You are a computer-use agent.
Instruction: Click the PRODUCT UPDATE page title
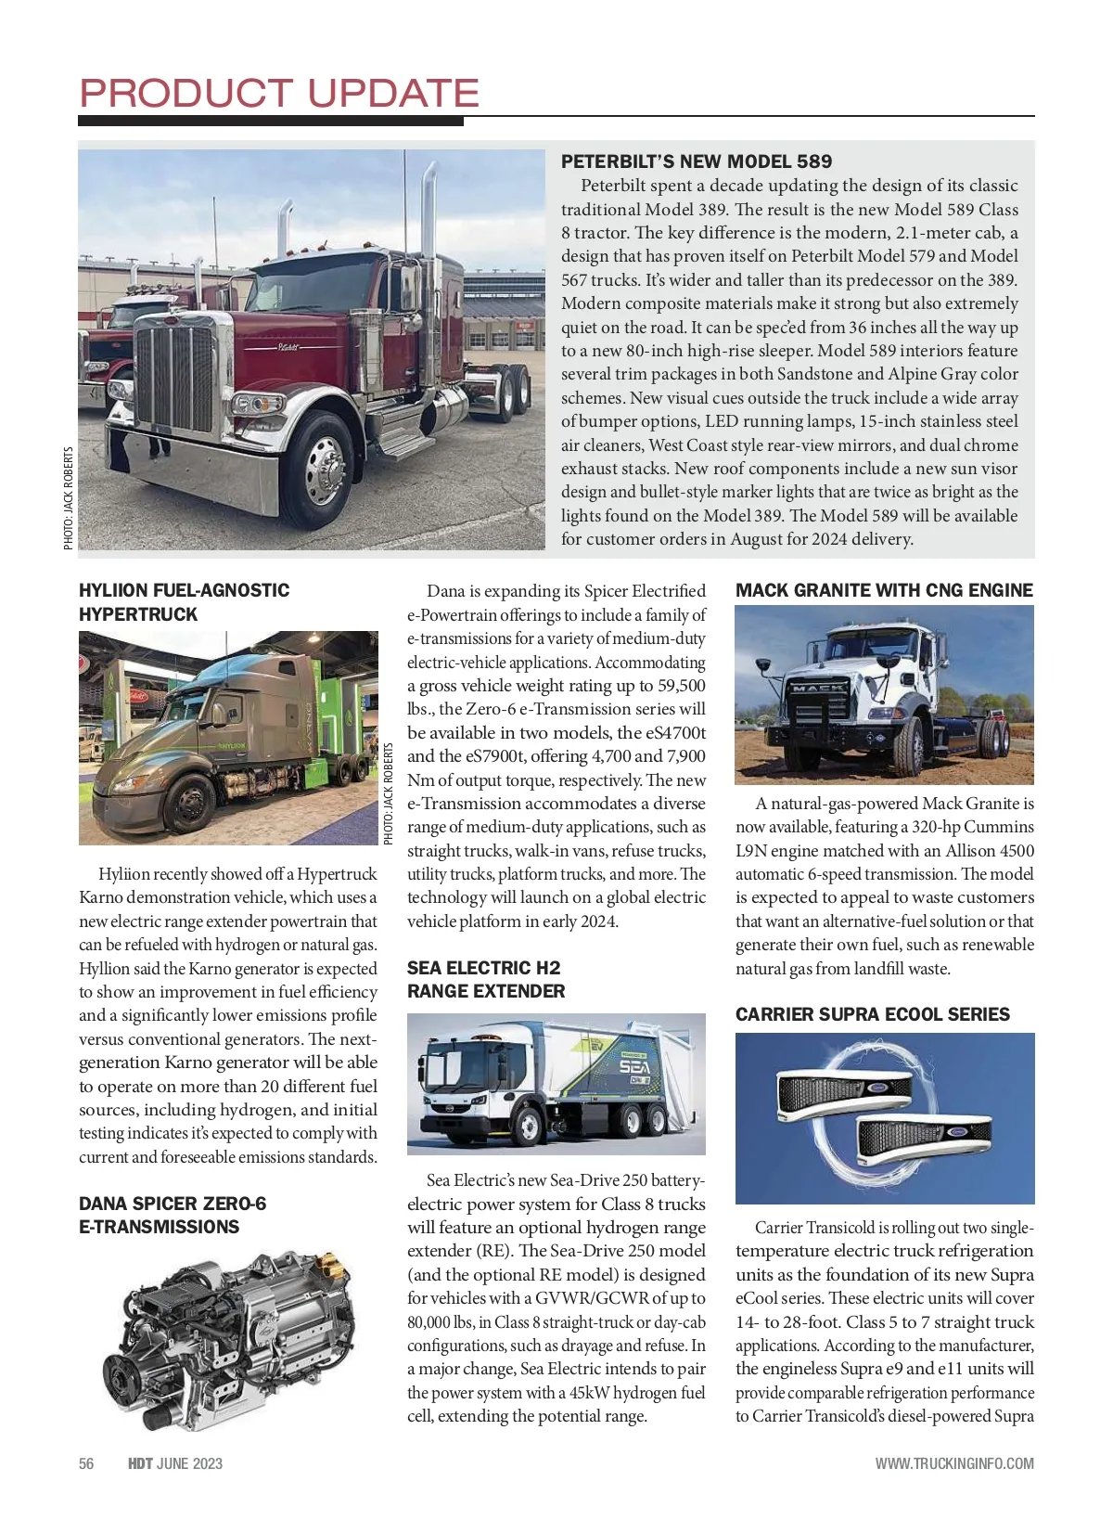[x=279, y=93]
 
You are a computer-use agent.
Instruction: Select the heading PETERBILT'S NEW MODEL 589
[x=697, y=161]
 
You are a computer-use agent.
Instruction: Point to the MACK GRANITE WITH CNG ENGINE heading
[x=884, y=590]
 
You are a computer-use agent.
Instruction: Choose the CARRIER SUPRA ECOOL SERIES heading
[x=872, y=1014]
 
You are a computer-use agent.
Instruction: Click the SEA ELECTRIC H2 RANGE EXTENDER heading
[x=485, y=979]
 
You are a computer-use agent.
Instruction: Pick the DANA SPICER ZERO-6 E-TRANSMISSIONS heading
[x=173, y=1215]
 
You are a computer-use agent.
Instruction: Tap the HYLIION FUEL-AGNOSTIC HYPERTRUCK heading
[x=184, y=602]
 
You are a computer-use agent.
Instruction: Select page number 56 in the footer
[x=86, y=1463]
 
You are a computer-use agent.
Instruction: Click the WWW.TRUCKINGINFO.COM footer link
[x=954, y=1463]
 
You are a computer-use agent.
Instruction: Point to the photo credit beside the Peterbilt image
[x=68, y=498]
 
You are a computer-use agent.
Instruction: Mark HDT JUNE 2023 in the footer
[x=175, y=1463]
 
